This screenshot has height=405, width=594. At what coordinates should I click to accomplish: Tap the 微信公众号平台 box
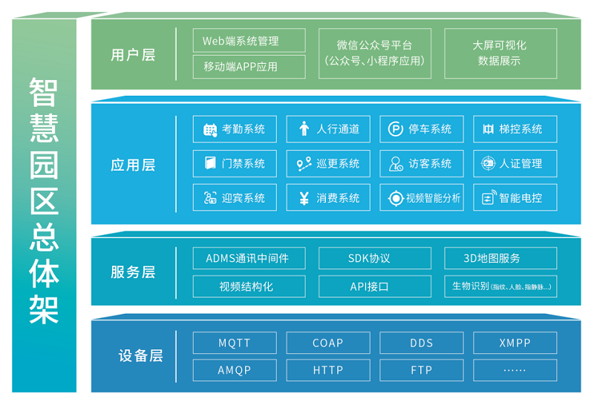[374, 53]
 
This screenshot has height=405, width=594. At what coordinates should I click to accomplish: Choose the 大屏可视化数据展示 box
[500, 53]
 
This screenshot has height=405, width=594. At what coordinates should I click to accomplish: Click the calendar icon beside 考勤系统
[209, 130]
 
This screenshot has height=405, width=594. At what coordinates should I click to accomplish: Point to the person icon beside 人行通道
[303, 130]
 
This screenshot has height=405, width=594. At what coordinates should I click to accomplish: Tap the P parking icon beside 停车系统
[396, 130]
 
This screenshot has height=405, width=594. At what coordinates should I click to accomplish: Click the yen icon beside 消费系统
[303, 198]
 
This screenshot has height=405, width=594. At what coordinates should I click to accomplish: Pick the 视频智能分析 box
[421, 198]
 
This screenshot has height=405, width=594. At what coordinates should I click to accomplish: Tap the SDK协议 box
[374, 258]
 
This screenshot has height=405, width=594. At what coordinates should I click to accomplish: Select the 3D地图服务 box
[500, 258]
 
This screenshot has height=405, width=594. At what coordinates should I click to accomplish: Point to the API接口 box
[374, 286]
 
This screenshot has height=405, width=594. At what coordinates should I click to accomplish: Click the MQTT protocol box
[234, 343]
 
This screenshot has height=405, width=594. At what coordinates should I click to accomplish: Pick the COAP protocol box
[327, 343]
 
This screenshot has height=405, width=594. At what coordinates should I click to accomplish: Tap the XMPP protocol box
[515, 343]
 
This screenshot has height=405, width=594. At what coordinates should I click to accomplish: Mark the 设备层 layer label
[140, 356]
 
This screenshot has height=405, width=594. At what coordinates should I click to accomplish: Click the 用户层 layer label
[133, 54]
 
